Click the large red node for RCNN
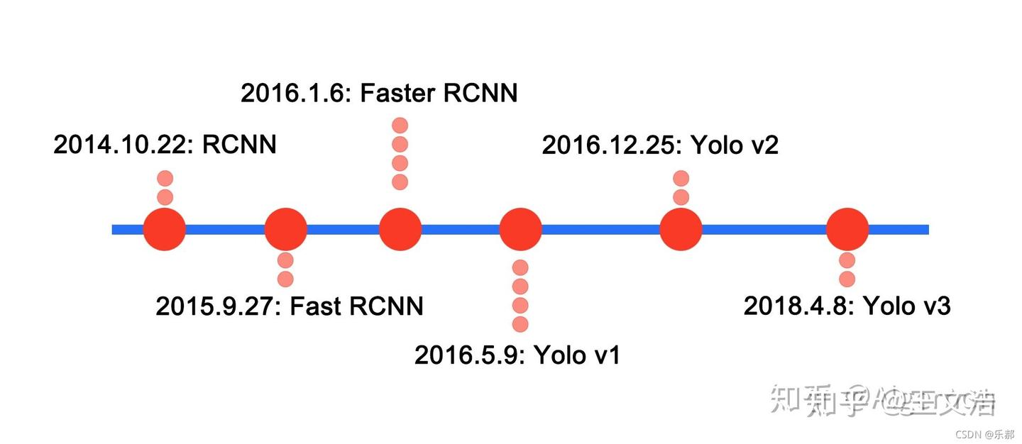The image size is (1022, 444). click(x=165, y=229)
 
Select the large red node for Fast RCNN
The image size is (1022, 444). click(x=285, y=229)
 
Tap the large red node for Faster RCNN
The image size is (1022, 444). click(x=400, y=229)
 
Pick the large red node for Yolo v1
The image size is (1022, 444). click(x=520, y=229)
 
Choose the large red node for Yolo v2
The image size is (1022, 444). click(x=681, y=229)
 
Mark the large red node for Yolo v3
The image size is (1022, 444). click(x=847, y=229)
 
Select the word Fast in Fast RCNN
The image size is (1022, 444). click(x=317, y=306)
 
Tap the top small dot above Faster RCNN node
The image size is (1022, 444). click(x=400, y=126)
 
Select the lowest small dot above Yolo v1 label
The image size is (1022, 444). click(x=520, y=324)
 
